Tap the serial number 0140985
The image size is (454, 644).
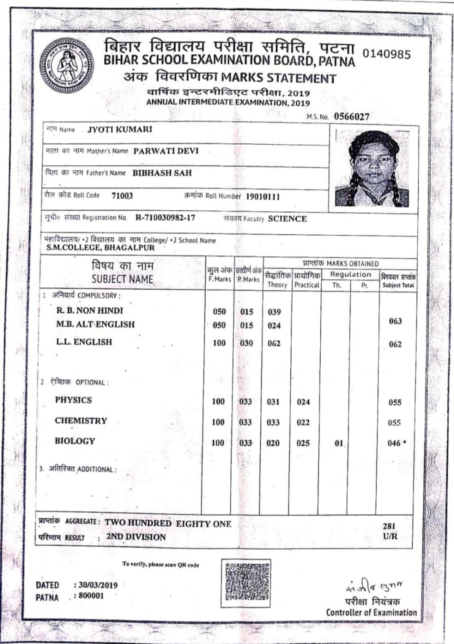(386, 54)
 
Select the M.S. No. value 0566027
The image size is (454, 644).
(351, 117)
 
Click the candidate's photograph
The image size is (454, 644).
(372, 169)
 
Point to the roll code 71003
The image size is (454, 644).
(122, 196)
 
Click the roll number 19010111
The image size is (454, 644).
(263, 196)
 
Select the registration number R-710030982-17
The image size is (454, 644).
(165, 217)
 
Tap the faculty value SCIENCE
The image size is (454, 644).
(288, 219)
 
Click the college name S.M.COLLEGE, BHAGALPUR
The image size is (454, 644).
(100, 248)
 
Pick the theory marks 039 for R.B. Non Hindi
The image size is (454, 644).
(274, 312)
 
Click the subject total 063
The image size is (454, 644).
(395, 321)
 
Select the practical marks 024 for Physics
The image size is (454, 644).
(303, 402)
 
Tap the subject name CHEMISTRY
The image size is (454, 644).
(81, 421)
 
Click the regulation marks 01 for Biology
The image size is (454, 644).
(339, 443)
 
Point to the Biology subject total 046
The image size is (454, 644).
(394, 443)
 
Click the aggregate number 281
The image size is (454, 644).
(389, 526)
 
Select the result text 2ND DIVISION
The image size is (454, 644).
(136, 537)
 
